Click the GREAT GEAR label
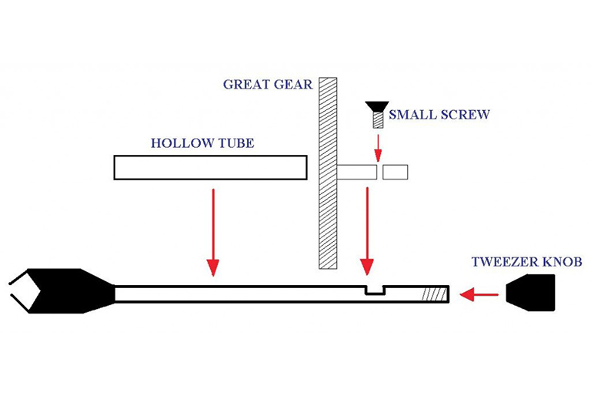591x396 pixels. (x=267, y=84)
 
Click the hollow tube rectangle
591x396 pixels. (x=210, y=167)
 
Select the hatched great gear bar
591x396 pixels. (x=329, y=173)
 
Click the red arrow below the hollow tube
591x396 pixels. (x=213, y=231)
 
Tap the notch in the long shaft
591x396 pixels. (x=375, y=289)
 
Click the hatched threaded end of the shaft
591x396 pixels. (x=434, y=294)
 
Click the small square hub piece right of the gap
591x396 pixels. (x=396, y=172)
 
